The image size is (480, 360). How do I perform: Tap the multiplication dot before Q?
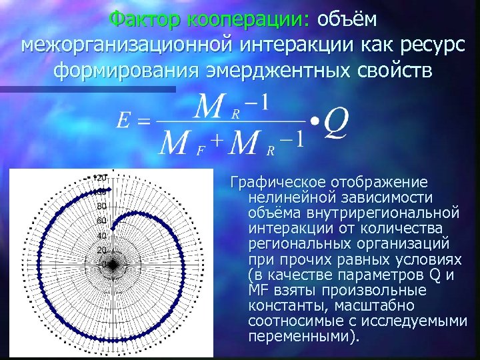(x=313, y=122)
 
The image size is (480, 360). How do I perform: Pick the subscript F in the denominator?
(x=199, y=151)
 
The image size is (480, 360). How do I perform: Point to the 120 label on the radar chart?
(x=100, y=177)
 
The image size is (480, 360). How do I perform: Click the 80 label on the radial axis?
(x=101, y=206)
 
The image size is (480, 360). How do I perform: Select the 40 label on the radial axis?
(x=101, y=235)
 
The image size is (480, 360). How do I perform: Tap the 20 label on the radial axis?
(x=101, y=250)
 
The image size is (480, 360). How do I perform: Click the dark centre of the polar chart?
(x=113, y=265)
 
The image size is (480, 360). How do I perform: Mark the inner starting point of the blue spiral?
(x=113, y=230)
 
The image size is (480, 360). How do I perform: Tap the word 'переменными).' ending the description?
(x=303, y=336)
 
